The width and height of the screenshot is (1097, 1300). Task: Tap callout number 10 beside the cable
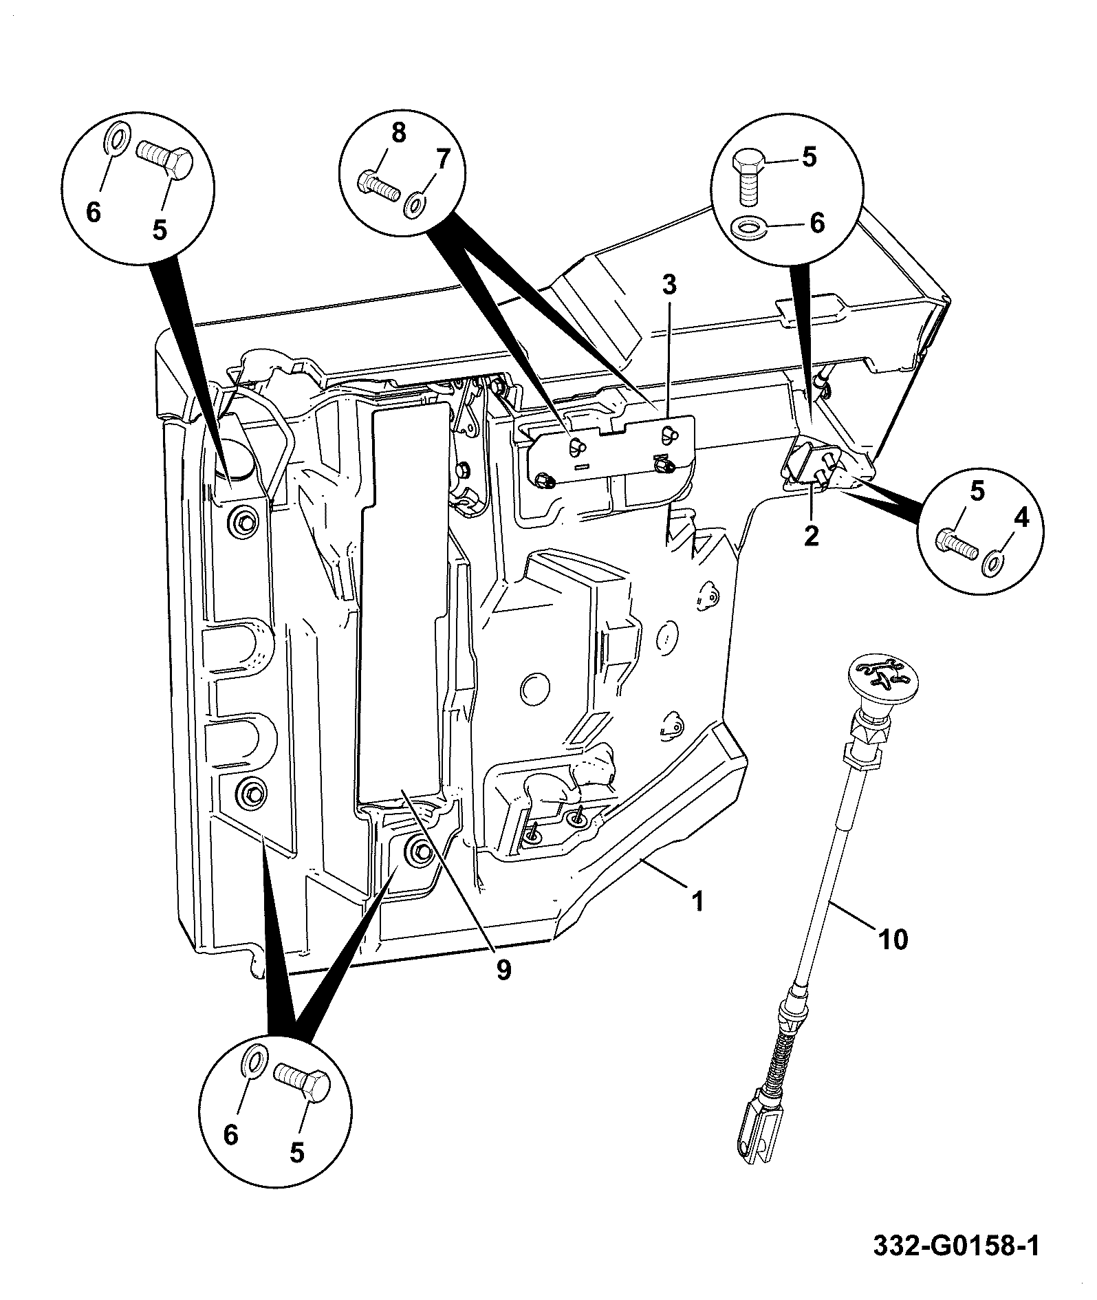coord(893,938)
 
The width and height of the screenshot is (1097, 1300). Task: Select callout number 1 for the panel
coord(697,900)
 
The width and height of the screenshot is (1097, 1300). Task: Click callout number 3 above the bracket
coord(669,284)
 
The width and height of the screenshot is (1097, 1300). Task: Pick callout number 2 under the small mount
coord(812,534)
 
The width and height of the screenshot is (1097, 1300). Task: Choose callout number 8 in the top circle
coord(399,133)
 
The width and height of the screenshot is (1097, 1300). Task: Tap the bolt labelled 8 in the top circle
coord(378,184)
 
